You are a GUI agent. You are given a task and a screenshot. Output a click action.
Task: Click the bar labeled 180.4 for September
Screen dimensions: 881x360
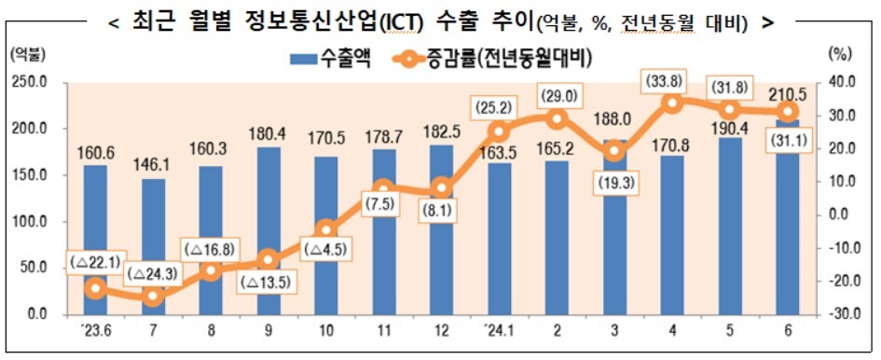268,230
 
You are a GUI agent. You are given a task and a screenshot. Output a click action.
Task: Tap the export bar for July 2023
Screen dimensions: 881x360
154,246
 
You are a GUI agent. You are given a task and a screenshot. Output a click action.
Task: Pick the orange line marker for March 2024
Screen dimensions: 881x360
614,151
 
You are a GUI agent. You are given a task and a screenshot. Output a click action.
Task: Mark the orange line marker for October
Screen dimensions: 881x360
326,229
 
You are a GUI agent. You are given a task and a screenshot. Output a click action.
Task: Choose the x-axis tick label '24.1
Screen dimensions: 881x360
497,331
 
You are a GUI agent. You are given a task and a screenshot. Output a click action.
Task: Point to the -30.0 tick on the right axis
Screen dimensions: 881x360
841,314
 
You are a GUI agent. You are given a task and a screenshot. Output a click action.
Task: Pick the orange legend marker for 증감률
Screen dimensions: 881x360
406,58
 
